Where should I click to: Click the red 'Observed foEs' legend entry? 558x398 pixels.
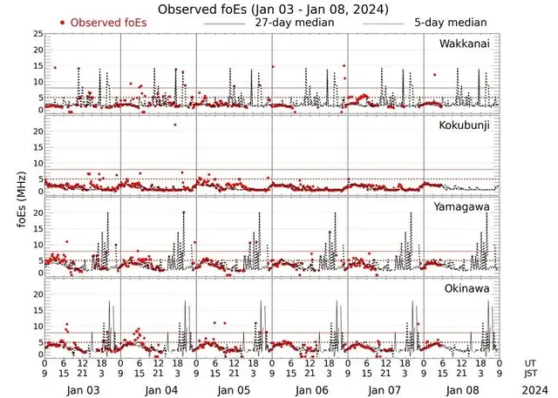click(x=105, y=23)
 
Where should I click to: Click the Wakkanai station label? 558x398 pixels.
click(x=465, y=44)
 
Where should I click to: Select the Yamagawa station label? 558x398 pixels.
click(x=465, y=206)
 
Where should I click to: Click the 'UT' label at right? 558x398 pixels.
click(x=530, y=362)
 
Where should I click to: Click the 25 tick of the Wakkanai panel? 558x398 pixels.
click(x=37, y=34)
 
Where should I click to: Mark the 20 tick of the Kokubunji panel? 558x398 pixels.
click(x=37, y=131)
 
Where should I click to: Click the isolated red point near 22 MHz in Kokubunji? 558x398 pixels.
click(x=175, y=125)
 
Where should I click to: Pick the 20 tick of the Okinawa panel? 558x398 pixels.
click(x=37, y=294)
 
